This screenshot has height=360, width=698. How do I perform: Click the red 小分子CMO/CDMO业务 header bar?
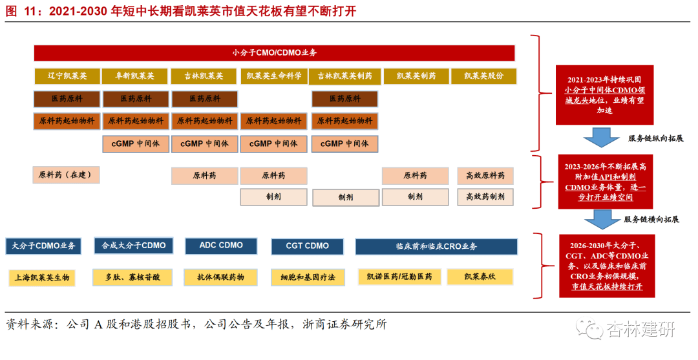tap(274, 52)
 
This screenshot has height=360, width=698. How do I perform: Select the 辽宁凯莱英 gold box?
tap(67, 76)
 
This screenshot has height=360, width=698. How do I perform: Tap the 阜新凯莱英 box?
tap(135, 76)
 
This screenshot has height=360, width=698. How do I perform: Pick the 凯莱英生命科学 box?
tap(274, 76)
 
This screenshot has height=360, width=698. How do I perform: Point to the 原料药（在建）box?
tap(67, 175)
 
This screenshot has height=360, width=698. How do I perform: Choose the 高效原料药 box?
tap(485, 176)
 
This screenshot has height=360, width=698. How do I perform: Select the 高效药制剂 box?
tap(485, 197)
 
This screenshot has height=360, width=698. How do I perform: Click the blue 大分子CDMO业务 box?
tap(44, 246)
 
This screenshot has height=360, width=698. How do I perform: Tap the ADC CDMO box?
tap(221, 246)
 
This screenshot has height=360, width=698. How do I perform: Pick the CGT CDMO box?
tap(308, 246)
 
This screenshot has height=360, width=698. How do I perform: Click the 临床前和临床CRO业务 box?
tap(436, 246)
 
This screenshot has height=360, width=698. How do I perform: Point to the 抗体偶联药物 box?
tap(221, 277)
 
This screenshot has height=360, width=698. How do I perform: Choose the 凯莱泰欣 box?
tap(480, 277)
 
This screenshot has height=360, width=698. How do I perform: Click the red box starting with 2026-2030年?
tap(604, 266)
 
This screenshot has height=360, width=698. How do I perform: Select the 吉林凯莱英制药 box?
tap(344, 76)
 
